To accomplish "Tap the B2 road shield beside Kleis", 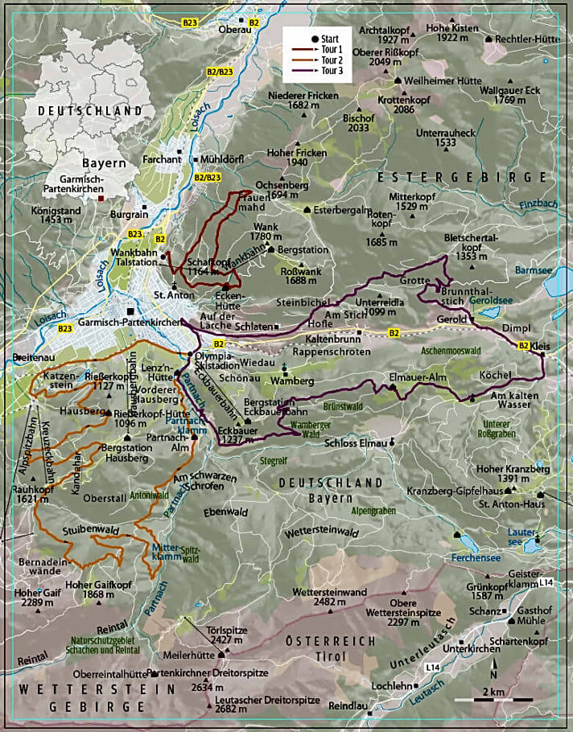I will (523, 346).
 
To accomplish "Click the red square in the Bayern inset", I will (101, 196).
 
